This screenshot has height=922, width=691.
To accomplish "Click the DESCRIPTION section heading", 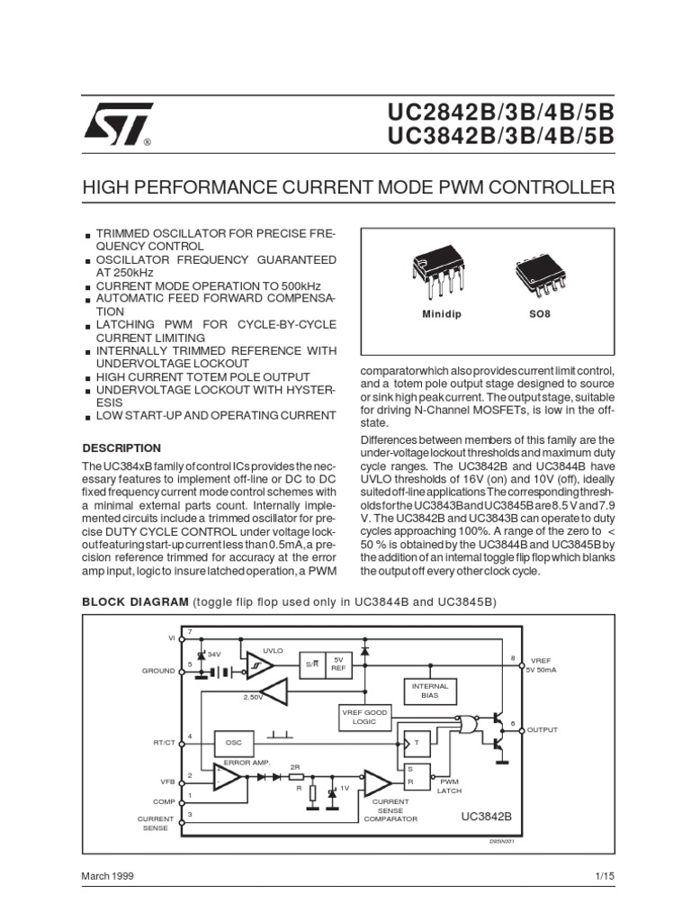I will [121, 447].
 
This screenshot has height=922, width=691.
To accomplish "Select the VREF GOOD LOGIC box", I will [363, 717].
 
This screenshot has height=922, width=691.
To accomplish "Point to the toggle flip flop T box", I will [417, 742].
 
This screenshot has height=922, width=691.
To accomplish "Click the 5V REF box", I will [339, 663].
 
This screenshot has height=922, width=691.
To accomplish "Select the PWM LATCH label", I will [449, 786].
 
